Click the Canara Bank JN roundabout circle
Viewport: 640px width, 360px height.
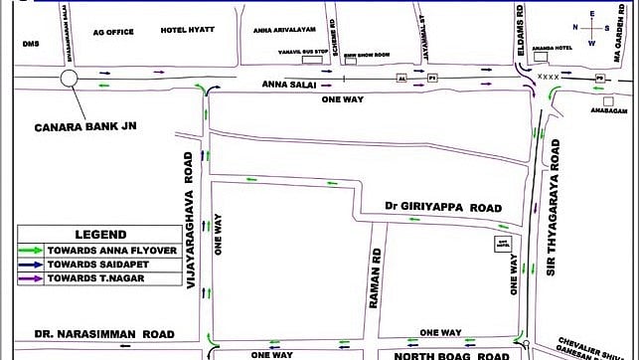click(x=70, y=79)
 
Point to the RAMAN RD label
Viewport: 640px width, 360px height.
click(x=376, y=270)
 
